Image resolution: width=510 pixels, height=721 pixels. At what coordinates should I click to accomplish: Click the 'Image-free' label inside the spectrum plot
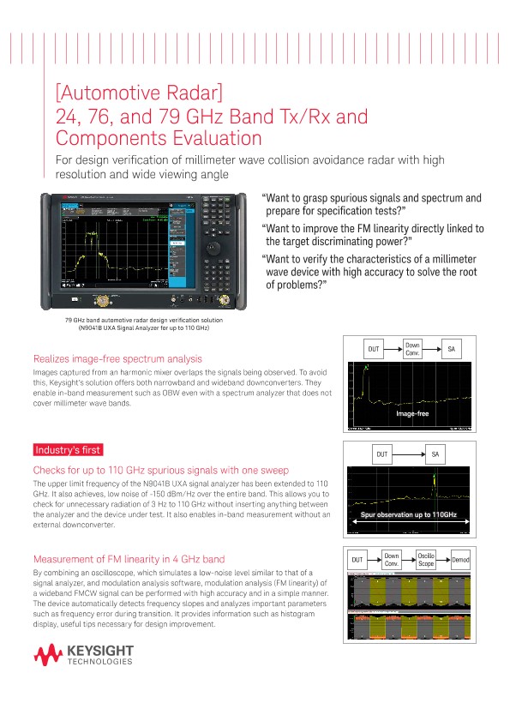coord(411,414)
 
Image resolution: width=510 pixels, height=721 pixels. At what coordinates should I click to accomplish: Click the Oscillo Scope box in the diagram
coord(426,560)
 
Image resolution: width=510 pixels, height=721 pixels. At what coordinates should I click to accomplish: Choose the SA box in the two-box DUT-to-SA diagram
coord(435,454)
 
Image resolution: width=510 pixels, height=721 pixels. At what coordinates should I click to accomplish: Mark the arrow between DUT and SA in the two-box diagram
coord(407,454)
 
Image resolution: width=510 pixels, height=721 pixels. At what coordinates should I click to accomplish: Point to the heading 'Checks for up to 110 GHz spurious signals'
coord(160,470)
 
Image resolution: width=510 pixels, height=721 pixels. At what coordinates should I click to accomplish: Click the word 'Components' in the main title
coord(106,137)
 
